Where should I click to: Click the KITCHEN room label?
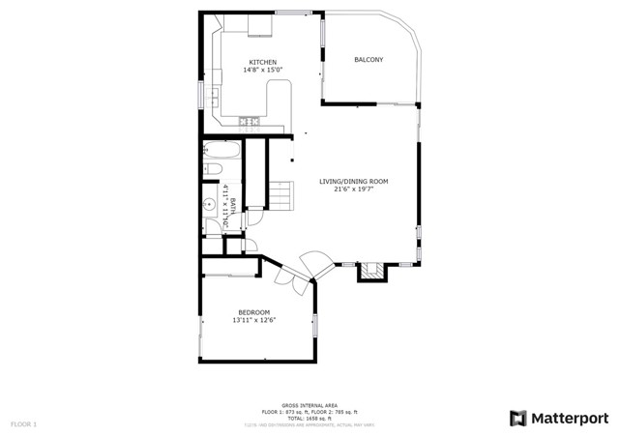point(250,62)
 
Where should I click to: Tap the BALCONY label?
point(368,60)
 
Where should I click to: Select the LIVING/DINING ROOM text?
point(354,181)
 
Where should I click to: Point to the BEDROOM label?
point(253,312)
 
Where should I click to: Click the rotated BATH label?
point(232,207)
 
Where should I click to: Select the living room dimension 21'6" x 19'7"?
point(354,189)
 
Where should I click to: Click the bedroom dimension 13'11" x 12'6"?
point(253,321)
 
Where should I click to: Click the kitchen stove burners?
point(249,121)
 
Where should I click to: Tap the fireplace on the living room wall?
point(371,272)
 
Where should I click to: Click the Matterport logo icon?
point(519,418)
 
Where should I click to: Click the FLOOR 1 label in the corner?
point(23,423)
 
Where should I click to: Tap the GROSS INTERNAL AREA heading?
point(309,405)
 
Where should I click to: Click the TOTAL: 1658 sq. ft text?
point(309,418)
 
